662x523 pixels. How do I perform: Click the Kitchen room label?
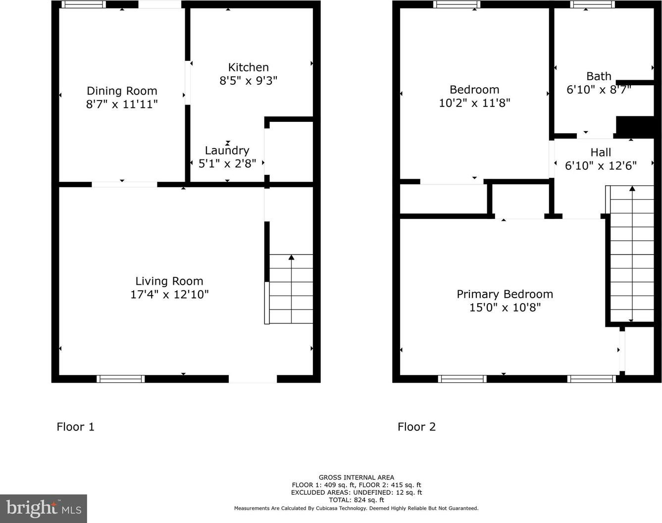[x=248, y=67]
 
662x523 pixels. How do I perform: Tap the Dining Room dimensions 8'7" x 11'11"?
[x=122, y=105]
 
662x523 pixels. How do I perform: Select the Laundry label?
[x=227, y=151]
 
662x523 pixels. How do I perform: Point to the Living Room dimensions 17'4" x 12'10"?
[x=169, y=294]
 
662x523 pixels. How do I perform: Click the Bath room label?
[x=599, y=76]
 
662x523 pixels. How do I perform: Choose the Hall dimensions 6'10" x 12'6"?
[x=601, y=166]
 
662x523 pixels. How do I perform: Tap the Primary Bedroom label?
[x=505, y=294]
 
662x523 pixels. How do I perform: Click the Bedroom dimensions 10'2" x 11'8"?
[x=474, y=103]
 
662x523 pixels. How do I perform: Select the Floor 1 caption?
[x=75, y=427]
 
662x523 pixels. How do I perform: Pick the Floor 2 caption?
[x=416, y=427]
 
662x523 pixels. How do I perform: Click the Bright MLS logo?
[x=44, y=509]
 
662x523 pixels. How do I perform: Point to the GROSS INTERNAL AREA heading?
[x=356, y=477]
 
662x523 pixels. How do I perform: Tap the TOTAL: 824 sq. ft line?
[x=356, y=500]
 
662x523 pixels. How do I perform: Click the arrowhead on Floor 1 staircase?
[x=291, y=257]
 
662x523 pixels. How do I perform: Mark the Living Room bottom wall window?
[x=121, y=379]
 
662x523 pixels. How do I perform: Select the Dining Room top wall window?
[x=84, y=4]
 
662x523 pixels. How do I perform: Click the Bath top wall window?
[x=592, y=4]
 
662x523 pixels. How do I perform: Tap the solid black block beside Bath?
[x=635, y=127]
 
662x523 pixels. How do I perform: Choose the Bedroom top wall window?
[x=457, y=4]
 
